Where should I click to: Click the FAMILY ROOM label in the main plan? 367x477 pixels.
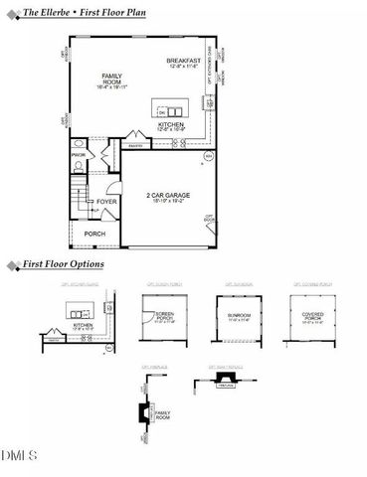[x=111, y=79]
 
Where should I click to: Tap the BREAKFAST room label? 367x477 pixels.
[x=184, y=61]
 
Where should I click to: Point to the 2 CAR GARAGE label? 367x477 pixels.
[x=167, y=193]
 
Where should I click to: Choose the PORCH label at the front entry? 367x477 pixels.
[x=94, y=234]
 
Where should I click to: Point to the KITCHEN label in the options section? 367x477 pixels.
[x=83, y=324]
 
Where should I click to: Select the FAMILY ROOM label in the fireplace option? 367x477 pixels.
[x=163, y=414]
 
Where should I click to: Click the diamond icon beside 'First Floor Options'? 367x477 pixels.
[x=11, y=266]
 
